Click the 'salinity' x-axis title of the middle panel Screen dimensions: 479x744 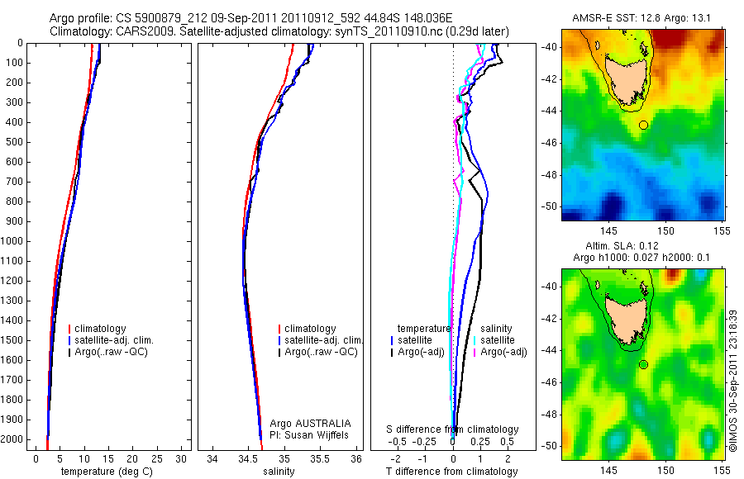point(278,472)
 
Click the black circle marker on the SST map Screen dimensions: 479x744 point(643,125)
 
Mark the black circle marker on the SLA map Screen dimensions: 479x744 point(643,364)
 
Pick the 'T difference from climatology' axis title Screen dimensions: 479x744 point(452,472)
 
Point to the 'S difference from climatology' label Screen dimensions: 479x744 point(453,429)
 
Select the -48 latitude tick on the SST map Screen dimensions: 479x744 point(550,174)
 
